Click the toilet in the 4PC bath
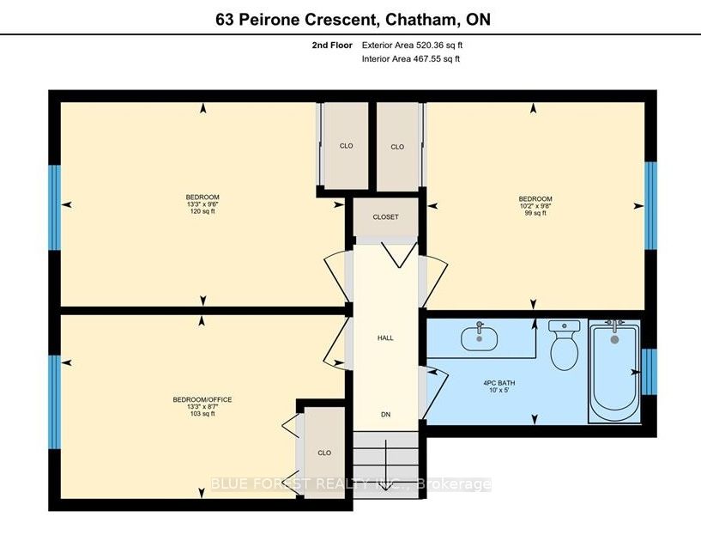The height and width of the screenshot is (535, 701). [565, 345]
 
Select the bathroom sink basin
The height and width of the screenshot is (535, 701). [480, 337]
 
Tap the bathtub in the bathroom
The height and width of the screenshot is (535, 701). [614, 371]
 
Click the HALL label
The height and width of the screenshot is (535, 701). [385, 337]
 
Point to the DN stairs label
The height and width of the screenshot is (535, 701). [386, 415]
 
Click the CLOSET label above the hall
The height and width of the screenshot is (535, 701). [386, 217]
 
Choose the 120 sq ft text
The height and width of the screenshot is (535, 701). [202, 211]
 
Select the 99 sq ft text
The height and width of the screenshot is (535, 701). [535, 213]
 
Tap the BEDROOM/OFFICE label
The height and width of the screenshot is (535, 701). [202, 399]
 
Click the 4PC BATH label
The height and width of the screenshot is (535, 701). [499, 383]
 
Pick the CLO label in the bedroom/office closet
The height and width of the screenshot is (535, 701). [324, 453]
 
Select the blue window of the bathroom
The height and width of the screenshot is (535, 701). [650, 371]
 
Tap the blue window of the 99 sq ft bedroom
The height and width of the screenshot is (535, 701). [650, 205]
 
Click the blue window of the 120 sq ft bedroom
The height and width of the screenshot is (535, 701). [54, 208]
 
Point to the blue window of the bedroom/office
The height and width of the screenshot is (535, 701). [54, 402]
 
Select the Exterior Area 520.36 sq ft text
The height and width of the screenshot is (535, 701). [412, 46]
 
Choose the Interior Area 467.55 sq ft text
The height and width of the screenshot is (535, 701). [410, 58]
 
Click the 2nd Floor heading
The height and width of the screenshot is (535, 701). [332, 46]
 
